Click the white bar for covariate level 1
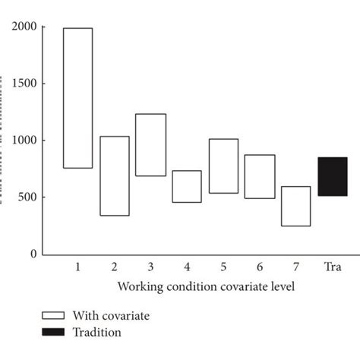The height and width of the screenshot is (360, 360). pyautogui.click(x=77, y=98)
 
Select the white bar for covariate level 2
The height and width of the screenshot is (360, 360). pyautogui.click(x=115, y=175)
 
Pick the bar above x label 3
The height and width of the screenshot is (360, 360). pyautogui.click(x=150, y=144)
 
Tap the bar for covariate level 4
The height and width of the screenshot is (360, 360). pyautogui.click(x=187, y=186)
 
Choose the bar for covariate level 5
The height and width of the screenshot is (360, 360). pyautogui.click(x=223, y=166)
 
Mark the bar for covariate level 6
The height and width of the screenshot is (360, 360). pyautogui.click(x=260, y=176)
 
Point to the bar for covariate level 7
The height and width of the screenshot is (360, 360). pyautogui.click(x=295, y=206)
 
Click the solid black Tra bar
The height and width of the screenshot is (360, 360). pyautogui.click(x=332, y=176)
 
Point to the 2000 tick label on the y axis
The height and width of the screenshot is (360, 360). pyautogui.click(x=25, y=27)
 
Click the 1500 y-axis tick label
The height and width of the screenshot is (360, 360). pyautogui.click(x=25, y=84)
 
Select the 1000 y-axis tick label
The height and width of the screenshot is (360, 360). pyautogui.click(x=25, y=141)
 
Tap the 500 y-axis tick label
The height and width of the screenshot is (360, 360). pyautogui.click(x=27, y=197)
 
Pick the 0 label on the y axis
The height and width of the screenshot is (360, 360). pyautogui.click(x=33, y=254)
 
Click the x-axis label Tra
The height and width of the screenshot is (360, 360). pyautogui.click(x=332, y=268)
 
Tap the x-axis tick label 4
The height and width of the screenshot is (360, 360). pyautogui.click(x=187, y=268)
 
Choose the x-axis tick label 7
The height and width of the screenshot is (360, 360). pyautogui.click(x=295, y=268)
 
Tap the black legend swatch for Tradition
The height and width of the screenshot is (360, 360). pyautogui.click(x=52, y=332)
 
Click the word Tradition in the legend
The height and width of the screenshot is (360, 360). pyautogui.click(x=97, y=332)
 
